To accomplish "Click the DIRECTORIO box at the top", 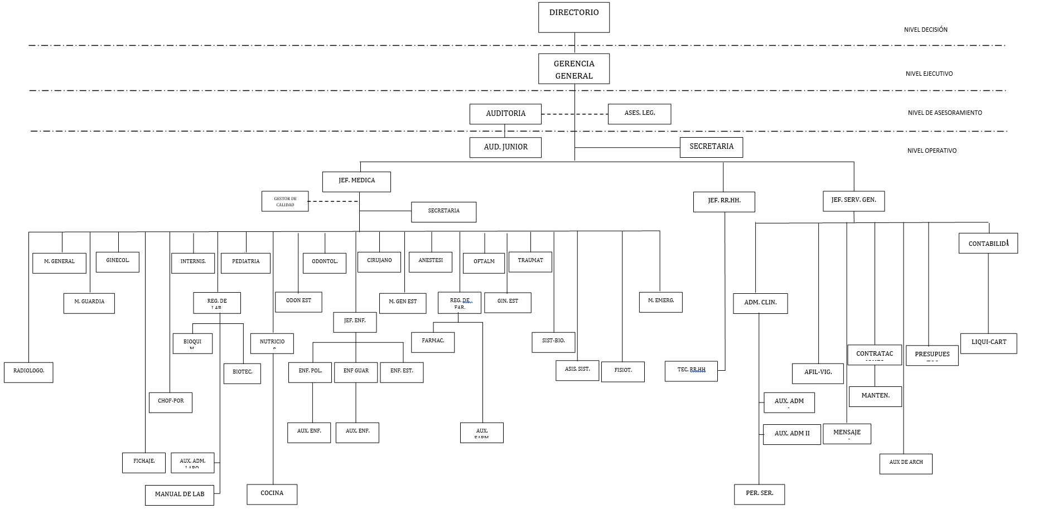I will click(573, 17).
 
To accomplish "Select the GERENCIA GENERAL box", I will click(573, 69).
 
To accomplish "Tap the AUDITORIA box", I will click(505, 114).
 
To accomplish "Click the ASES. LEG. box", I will click(639, 114).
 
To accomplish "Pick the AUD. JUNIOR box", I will click(505, 147).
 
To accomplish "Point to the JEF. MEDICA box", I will click(356, 181).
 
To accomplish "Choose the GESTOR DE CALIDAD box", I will click(285, 201).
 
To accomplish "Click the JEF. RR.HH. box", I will click(724, 201).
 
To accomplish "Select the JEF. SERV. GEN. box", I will click(853, 201).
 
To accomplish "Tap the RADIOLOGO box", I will click(28, 372).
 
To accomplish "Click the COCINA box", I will click(272, 494).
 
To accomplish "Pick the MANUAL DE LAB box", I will click(180, 495).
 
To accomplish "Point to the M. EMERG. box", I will click(660, 302).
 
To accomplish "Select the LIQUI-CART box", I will click(988, 343).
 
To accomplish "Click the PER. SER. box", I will click(759, 494).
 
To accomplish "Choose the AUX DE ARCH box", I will click(906, 463).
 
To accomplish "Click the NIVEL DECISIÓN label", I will click(925, 30).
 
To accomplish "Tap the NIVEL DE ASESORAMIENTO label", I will click(945, 113).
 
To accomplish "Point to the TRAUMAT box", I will click(530, 261).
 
